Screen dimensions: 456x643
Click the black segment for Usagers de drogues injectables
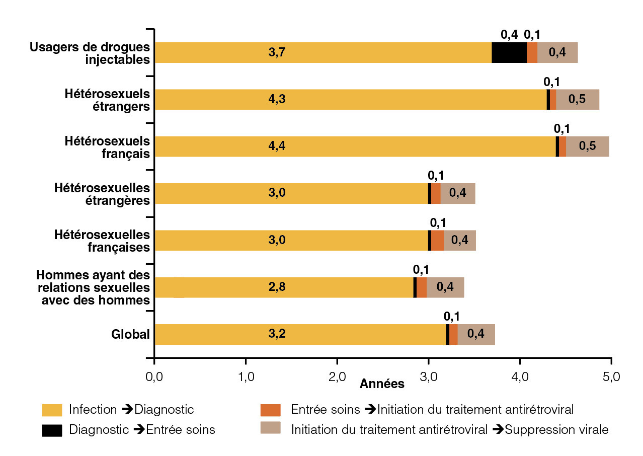pos(509,52)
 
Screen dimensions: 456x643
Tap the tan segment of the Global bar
pos(476,334)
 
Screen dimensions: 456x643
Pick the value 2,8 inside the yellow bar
pos(277,287)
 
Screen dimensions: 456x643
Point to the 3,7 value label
pos(277,52)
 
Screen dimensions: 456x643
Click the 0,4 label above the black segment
pos(509,35)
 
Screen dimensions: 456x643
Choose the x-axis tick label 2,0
pos(337,376)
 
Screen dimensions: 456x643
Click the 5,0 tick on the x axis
pos(610,376)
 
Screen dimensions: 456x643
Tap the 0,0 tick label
pos(154,376)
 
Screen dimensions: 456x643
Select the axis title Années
pos(382,384)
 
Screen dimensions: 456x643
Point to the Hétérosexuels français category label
pos(107,146)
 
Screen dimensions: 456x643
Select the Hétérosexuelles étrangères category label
pos(102,194)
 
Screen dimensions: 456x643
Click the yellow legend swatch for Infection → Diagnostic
pos(52,410)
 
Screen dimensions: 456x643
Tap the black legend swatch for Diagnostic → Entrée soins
pos(52,430)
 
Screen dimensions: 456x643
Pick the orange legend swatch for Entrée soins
pos(270,410)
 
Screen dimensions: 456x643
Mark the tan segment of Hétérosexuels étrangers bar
pos(577,99)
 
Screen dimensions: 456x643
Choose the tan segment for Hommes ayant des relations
pos(445,287)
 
